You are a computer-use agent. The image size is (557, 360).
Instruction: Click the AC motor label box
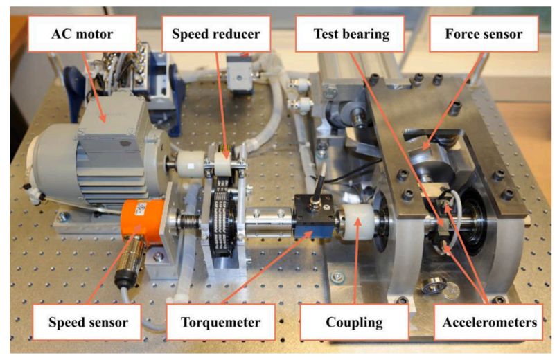click(82, 34)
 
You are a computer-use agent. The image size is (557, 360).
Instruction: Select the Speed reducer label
click(216, 34)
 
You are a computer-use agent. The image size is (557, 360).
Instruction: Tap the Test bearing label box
click(351, 34)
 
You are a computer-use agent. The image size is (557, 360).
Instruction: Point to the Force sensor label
click(484, 34)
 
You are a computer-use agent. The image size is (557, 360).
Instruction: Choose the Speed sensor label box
click(87, 322)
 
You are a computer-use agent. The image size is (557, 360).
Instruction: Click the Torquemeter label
click(220, 322)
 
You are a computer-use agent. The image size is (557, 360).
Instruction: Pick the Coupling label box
click(354, 322)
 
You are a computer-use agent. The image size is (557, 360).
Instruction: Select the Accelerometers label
click(489, 322)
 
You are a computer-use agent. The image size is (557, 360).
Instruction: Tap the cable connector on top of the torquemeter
click(315, 201)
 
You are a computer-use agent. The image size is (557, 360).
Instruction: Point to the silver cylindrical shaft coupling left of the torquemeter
click(269, 223)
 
